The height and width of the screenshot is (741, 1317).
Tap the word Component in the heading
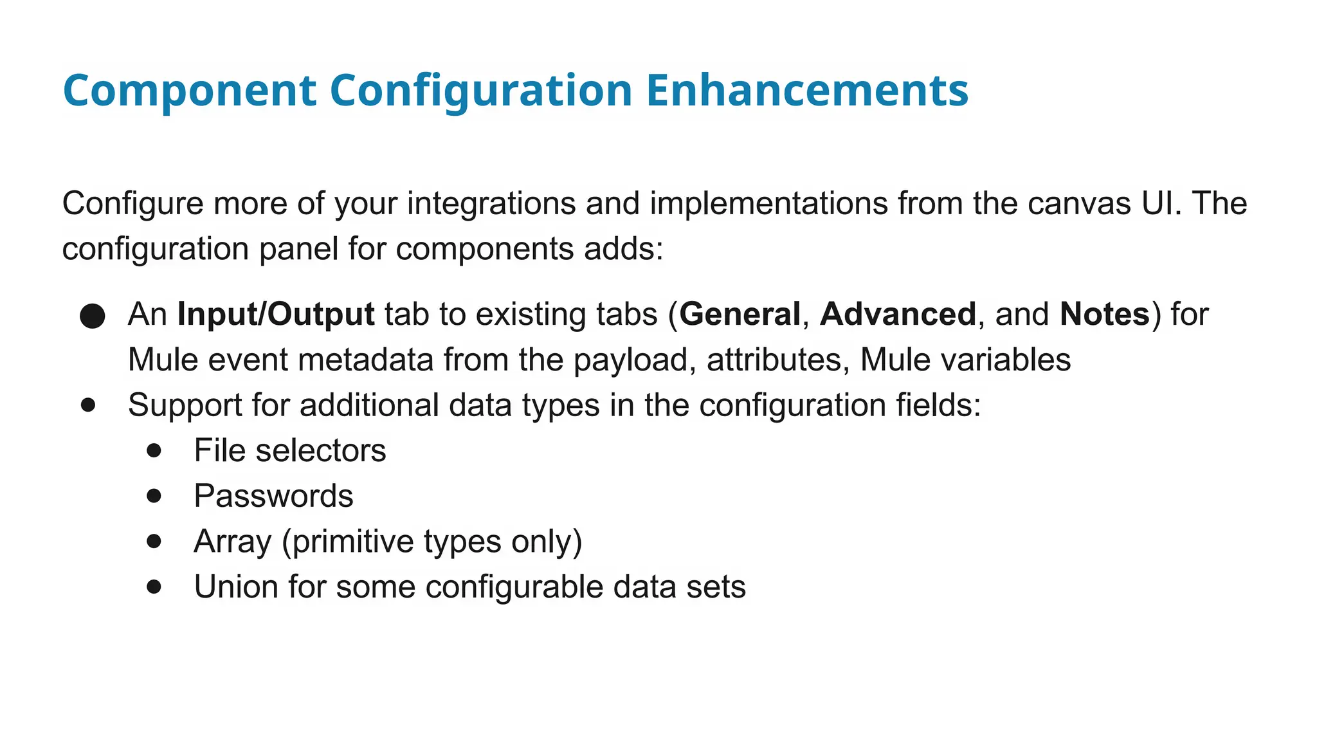click(x=190, y=90)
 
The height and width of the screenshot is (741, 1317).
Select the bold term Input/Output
click(x=276, y=315)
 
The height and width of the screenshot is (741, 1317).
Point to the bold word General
click(x=740, y=315)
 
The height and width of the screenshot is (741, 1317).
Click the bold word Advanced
click(x=898, y=315)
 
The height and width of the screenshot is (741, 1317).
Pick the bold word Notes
click(x=1104, y=315)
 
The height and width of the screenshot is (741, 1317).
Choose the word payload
click(x=635, y=360)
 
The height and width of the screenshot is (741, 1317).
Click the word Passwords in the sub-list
click(x=273, y=496)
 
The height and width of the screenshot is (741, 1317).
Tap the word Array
click(x=232, y=542)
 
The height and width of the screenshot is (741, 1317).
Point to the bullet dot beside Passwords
click(x=154, y=496)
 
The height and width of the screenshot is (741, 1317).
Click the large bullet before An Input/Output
click(x=93, y=316)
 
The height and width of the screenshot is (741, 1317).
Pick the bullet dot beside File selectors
click(x=154, y=450)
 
